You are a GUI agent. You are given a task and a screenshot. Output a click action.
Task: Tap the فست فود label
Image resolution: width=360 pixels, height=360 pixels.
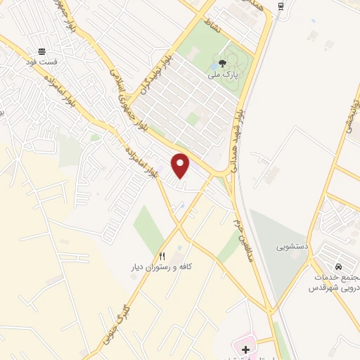pyautogui.click(x=42, y=62)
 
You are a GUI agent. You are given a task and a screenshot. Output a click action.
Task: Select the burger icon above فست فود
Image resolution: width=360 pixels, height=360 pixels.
pyautogui.click(x=42, y=51)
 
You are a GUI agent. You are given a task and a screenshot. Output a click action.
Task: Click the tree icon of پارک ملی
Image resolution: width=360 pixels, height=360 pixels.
pyautogui.click(x=223, y=63)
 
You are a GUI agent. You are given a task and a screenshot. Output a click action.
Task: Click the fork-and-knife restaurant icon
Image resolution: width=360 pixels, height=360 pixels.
pyautogui.click(x=162, y=256)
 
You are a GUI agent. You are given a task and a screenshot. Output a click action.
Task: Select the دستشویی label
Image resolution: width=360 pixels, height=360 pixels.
pyautogui.click(x=291, y=247)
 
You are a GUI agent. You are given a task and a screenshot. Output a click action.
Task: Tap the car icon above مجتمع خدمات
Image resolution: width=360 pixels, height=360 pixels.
pyautogui.click(x=338, y=267)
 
